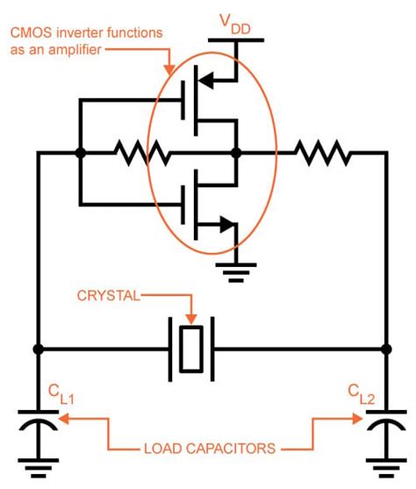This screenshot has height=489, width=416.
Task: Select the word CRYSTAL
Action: (109, 298)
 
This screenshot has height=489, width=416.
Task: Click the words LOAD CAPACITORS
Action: (211, 448)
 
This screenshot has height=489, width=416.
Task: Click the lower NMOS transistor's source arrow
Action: (226, 225)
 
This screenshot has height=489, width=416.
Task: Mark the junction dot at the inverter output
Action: (235, 153)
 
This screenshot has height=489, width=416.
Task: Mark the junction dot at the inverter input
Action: (81, 153)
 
